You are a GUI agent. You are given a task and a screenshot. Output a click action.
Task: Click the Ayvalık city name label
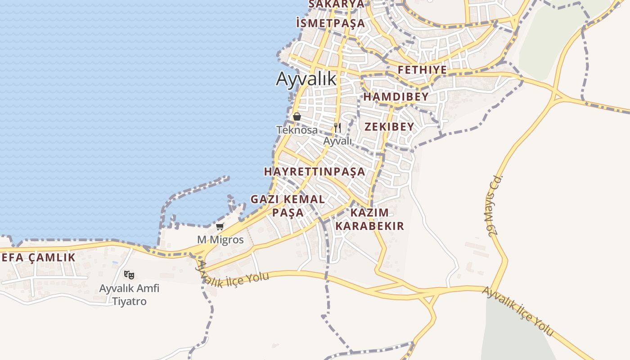[306, 79]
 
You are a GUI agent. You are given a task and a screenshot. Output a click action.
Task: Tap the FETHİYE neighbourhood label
[422, 70]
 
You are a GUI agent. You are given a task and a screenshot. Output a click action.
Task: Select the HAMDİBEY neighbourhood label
[396, 97]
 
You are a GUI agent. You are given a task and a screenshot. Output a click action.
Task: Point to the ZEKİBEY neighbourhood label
[389, 126]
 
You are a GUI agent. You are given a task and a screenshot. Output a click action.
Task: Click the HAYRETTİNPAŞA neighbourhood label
[315, 171]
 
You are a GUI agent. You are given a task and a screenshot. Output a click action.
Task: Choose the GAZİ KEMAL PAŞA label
[288, 205]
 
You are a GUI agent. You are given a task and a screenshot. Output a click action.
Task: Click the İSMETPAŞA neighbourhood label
[331, 23]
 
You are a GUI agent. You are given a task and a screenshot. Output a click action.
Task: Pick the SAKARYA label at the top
[336, 4]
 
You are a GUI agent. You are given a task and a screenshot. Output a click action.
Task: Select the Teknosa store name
[297, 130]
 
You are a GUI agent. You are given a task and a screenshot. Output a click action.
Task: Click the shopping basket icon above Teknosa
[297, 117]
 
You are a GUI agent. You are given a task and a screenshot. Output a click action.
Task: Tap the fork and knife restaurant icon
[337, 128]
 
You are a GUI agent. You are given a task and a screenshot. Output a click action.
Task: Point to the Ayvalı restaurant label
[337, 141]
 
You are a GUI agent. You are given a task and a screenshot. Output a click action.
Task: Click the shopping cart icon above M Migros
[220, 226]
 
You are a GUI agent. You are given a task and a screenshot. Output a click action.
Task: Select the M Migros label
[220, 240]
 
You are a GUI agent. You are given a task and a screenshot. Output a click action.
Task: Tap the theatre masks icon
[129, 274]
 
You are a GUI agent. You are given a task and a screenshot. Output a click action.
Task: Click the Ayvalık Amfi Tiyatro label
[129, 294]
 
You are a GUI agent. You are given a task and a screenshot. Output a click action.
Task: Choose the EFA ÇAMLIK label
[39, 257]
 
